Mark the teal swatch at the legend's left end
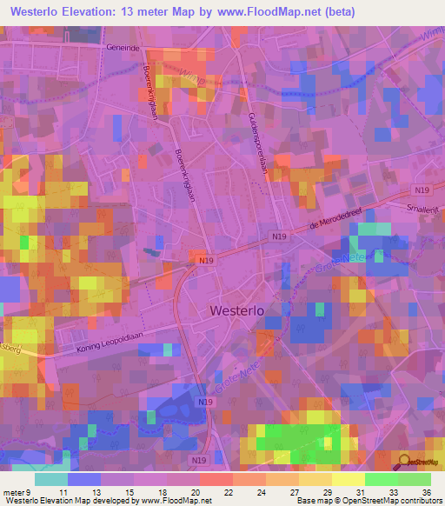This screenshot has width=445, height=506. coord(50,479)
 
